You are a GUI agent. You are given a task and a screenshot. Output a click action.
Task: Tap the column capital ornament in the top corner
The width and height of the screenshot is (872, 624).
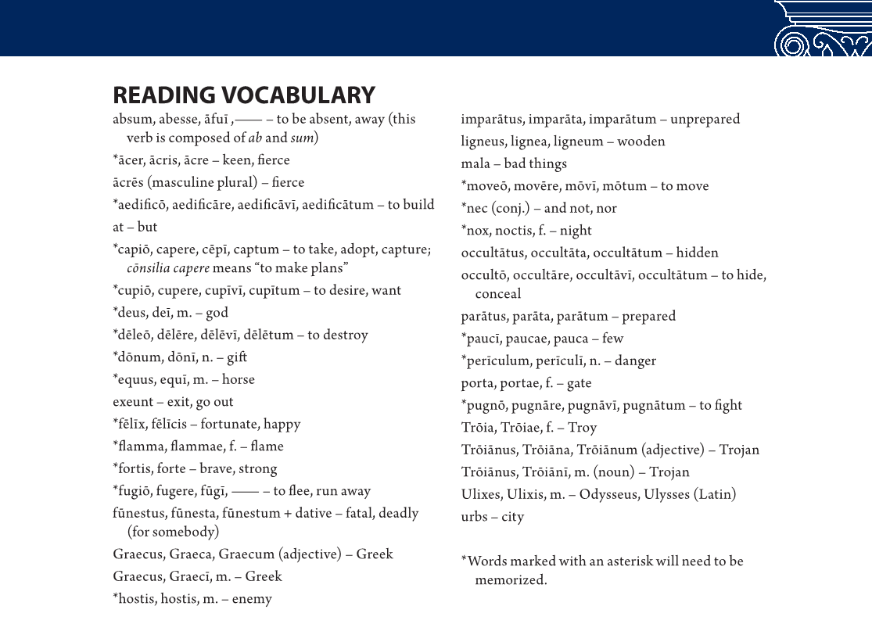[x=823, y=29]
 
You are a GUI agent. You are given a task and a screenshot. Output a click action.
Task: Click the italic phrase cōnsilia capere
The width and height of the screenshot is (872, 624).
[x=168, y=268]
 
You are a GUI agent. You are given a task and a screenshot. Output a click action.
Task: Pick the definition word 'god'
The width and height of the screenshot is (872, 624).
[x=217, y=313]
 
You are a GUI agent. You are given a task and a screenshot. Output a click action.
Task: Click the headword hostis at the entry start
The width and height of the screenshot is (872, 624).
[x=137, y=600]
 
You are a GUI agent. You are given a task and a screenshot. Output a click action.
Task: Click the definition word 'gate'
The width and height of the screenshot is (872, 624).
[x=578, y=383]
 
